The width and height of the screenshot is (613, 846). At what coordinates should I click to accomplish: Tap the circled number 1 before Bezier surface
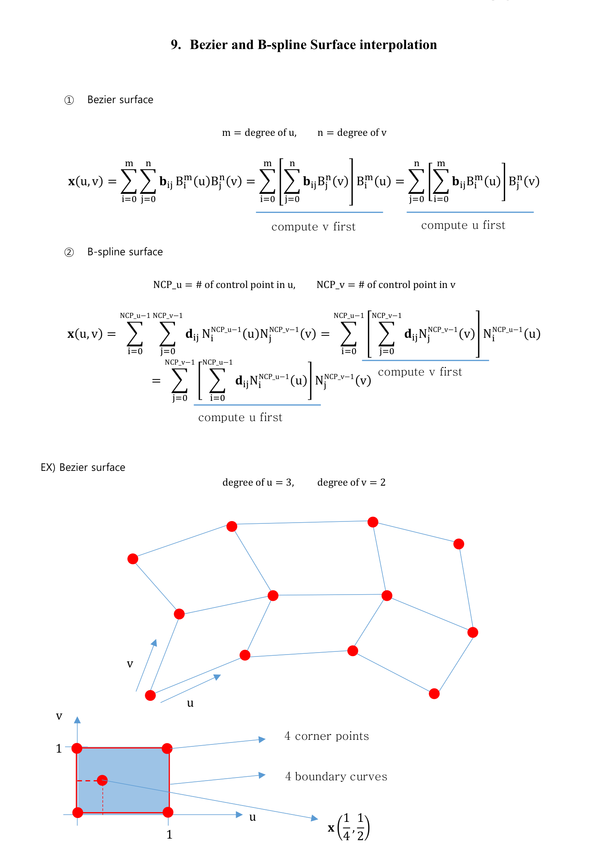(x=69, y=100)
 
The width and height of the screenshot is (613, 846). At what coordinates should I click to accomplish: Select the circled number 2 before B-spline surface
(x=69, y=253)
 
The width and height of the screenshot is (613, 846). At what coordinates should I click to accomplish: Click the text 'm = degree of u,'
(x=259, y=133)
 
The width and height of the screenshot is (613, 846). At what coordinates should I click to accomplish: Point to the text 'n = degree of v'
(x=352, y=133)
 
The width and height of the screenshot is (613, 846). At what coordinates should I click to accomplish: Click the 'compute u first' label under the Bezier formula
(x=463, y=225)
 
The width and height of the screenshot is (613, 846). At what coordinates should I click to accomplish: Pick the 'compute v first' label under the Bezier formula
(x=314, y=227)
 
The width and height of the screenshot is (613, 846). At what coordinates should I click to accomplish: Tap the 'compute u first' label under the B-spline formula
(x=240, y=418)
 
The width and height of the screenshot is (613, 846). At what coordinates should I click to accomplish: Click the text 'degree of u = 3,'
(x=258, y=483)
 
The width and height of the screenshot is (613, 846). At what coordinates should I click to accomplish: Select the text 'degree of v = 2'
(x=351, y=483)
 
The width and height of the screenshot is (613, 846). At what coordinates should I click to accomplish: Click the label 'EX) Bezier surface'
(x=83, y=467)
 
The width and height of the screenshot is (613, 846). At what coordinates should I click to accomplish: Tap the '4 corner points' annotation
(x=327, y=736)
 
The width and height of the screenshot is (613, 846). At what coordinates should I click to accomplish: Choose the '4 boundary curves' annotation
(x=336, y=776)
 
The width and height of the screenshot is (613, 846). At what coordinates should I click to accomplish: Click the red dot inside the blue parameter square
(x=102, y=780)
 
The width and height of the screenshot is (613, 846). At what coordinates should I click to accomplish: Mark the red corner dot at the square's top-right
(x=167, y=748)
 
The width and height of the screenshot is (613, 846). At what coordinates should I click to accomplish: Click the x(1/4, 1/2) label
(x=349, y=827)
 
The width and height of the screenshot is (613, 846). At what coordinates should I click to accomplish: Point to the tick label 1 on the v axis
(x=59, y=748)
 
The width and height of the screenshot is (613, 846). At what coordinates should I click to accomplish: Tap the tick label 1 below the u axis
(x=169, y=834)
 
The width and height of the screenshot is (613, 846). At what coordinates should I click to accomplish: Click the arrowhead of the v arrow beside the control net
(x=154, y=642)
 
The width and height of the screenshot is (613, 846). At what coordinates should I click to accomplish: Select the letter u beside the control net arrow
(x=190, y=703)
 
